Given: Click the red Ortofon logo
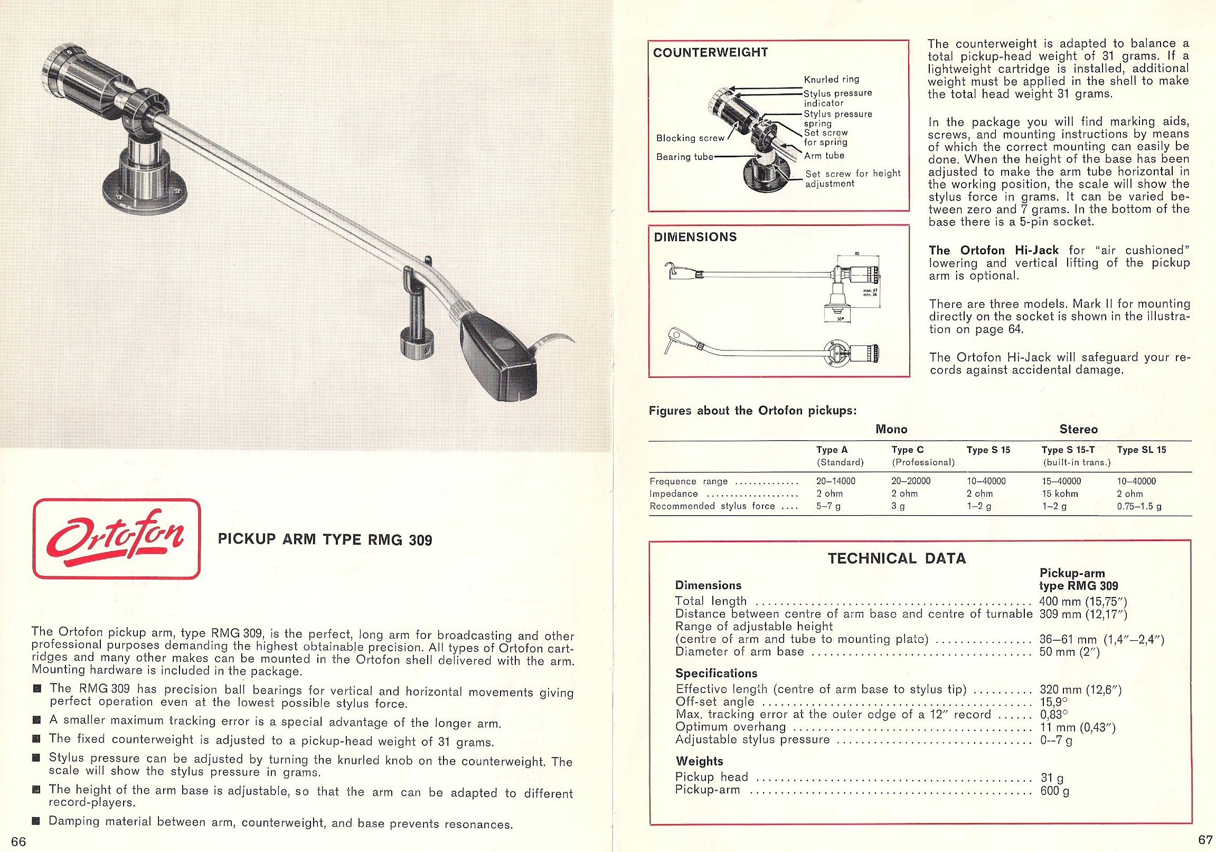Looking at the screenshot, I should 117,539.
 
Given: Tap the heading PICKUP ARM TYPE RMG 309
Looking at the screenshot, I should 325,540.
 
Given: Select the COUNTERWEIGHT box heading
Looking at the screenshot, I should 710,52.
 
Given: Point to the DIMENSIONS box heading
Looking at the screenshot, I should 695,237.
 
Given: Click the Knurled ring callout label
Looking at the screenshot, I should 832,79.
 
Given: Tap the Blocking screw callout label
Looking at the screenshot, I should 690,138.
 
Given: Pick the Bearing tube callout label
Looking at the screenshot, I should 685,157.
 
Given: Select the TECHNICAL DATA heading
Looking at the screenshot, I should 897,558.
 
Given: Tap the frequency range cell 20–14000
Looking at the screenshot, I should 836,481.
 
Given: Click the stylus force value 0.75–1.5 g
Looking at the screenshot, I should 1139,506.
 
